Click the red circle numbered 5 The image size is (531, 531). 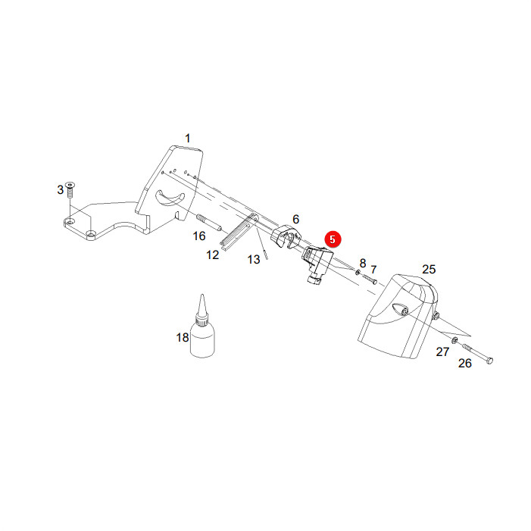tap(333, 239)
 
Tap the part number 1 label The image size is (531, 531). tap(188, 138)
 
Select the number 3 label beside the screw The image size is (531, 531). tap(61, 189)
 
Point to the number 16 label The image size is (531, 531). tap(199, 236)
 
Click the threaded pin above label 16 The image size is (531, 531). tap(209, 222)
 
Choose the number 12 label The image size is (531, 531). tap(213, 255)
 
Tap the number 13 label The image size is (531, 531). tap(254, 259)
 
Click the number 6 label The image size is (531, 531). tap(296, 219)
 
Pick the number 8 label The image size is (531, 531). tap(363, 263)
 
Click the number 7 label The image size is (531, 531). tap(373, 270)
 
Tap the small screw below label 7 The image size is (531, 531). tap(370, 280)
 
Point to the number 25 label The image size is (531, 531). tap(429, 269)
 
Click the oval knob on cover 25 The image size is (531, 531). tap(400, 310)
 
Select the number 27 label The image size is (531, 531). tap(442, 352)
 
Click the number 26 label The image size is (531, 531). tap(464, 363)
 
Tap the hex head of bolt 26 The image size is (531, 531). tap(489, 361)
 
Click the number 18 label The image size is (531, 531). tap(183, 337)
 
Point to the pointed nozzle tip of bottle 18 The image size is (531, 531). tap(202, 295)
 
